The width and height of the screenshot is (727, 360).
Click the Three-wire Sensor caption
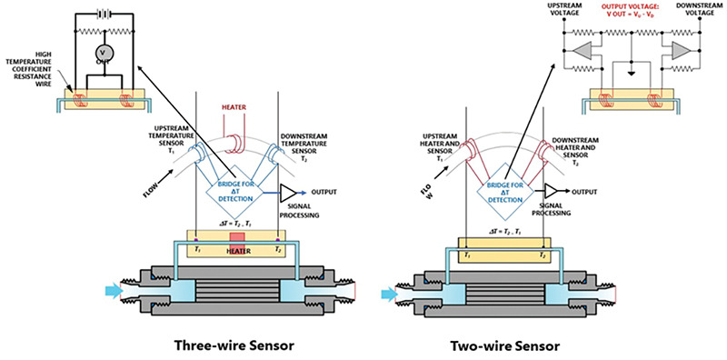point(234,345)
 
